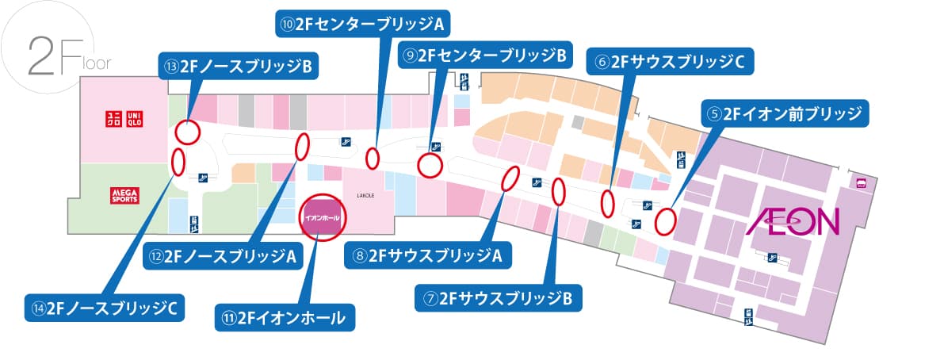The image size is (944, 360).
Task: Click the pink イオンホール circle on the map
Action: pyautogui.click(x=323, y=216)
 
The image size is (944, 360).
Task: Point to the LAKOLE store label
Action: pyautogui.click(x=365, y=193)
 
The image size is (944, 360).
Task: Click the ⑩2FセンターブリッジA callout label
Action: pyautogui.click(x=362, y=24)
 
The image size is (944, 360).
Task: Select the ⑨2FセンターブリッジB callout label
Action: pyautogui.click(x=484, y=56)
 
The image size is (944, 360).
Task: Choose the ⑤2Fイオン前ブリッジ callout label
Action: pyautogui.click(x=785, y=113)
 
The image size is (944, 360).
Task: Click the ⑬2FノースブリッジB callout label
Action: pyautogui.click(x=238, y=67)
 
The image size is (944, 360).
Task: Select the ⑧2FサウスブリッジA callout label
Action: pyautogui.click(x=428, y=255)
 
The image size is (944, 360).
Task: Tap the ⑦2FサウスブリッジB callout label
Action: pyautogui.click(x=499, y=298)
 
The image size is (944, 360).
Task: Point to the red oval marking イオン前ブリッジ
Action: pyautogui.click(x=665, y=220)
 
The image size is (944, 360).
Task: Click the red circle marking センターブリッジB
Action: pyautogui.click(x=430, y=165)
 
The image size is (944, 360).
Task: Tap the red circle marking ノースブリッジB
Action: pyautogui.click(x=187, y=131)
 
